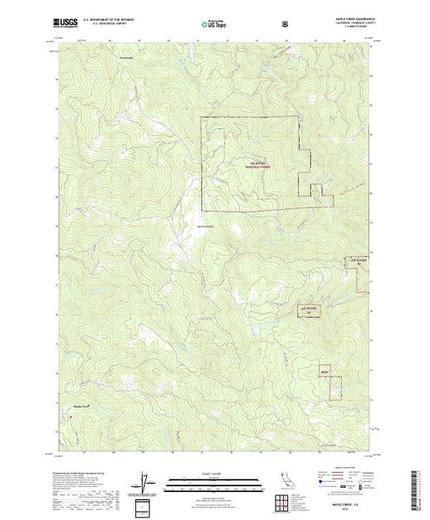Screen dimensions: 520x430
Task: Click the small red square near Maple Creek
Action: [72, 416]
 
